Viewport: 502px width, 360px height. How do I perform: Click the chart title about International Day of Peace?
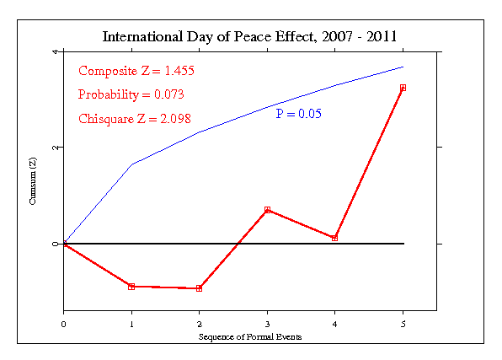tap(250, 37)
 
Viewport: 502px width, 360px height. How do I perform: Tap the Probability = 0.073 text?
tap(131, 94)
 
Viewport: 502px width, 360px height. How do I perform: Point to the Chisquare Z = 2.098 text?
tap(136, 118)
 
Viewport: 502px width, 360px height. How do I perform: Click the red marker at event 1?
tap(131, 287)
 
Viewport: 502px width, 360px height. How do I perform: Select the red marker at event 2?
tap(200, 288)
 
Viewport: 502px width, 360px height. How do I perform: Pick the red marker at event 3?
tap(267, 210)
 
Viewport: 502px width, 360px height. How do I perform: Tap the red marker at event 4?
tap(335, 238)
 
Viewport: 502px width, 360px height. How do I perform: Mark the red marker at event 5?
tap(403, 88)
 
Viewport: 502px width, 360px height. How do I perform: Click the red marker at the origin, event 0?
tap(64, 244)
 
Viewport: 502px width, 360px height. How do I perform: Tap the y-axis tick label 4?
tap(54, 51)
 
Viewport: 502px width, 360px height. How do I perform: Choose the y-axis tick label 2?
tap(54, 148)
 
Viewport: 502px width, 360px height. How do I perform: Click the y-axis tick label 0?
tap(54, 244)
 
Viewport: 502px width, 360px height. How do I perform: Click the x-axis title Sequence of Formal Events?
tap(250, 336)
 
